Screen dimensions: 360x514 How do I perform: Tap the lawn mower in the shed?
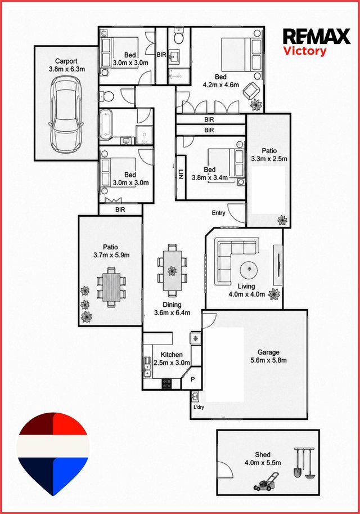click(x=266, y=481)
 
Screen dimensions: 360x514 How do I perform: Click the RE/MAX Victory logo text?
click(x=317, y=42)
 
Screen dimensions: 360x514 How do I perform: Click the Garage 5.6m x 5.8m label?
click(x=269, y=356)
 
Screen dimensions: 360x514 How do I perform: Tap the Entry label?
click(x=218, y=213)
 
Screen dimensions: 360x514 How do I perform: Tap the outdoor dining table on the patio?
click(x=111, y=287)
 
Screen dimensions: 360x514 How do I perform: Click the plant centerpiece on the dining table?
click(x=172, y=271)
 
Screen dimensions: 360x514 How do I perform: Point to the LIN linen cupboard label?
click(x=181, y=174)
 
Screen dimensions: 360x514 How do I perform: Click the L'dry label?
click(x=199, y=407)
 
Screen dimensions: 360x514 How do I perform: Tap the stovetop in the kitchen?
click(x=166, y=383)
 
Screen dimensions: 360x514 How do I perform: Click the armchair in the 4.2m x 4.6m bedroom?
click(x=251, y=90)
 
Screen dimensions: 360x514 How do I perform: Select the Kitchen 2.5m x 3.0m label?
click(x=172, y=359)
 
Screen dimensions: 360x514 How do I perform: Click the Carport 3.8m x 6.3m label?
click(x=66, y=65)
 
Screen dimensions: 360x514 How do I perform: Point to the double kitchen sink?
click(x=147, y=366)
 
